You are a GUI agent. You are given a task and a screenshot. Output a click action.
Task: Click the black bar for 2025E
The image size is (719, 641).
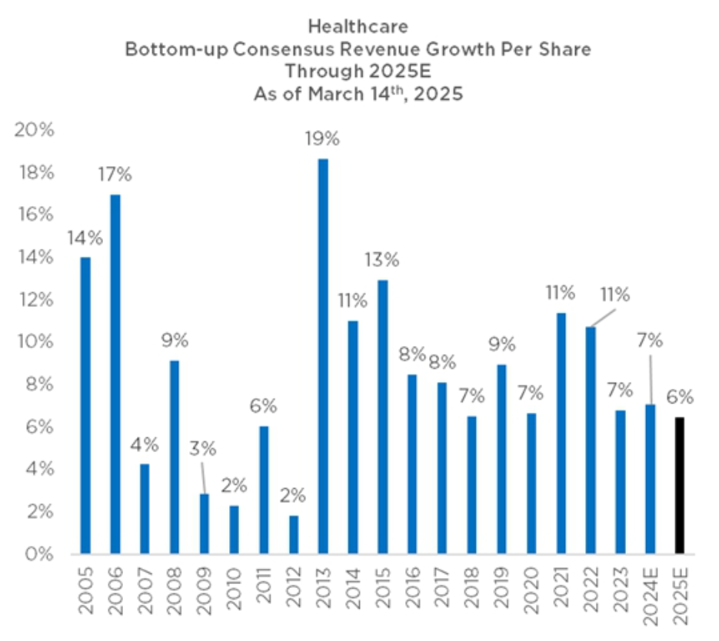(x=679, y=485)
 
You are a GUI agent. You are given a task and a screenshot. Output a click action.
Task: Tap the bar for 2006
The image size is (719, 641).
(x=115, y=374)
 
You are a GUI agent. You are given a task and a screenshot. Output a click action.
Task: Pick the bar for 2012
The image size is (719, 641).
(x=293, y=534)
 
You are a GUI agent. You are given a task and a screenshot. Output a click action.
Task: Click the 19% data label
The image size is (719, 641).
(x=321, y=139)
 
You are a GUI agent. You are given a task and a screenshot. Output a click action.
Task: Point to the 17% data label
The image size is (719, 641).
(x=115, y=174)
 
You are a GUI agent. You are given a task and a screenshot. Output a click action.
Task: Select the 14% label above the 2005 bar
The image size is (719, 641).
(x=85, y=237)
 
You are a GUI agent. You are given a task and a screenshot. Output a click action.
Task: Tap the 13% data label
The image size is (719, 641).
(x=381, y=260)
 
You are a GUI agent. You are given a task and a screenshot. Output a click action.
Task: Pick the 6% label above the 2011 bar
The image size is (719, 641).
(x=262, y=406)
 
